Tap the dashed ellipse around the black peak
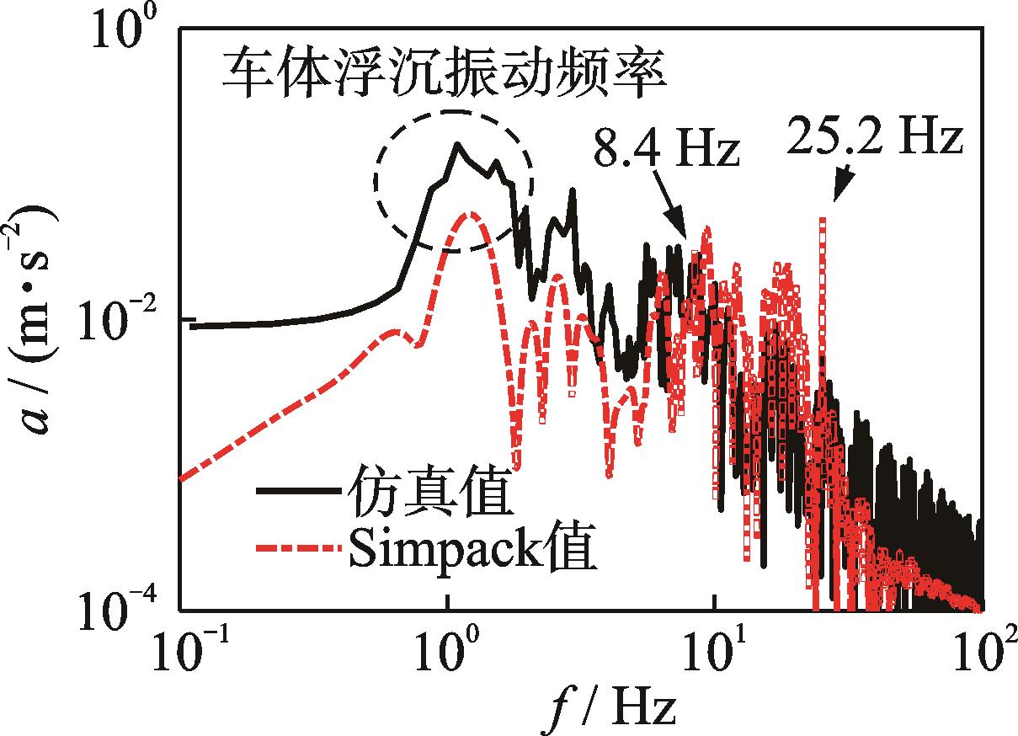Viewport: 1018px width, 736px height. coord(454,180)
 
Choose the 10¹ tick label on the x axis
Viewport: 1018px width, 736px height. coord(716,658)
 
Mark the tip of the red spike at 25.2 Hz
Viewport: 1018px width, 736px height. coord(822,220)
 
